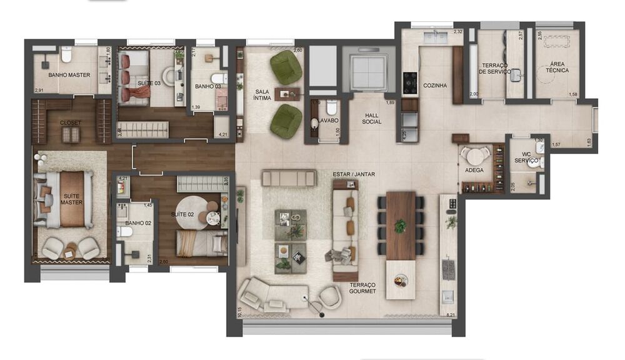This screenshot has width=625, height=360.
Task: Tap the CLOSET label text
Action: (70, 123)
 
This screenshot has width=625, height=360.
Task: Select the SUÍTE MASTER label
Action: (72, 199)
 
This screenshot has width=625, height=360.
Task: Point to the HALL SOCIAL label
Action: (371, 118)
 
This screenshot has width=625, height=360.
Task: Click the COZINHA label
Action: (434, 86)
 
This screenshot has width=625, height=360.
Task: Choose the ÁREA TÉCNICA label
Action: (557, 67)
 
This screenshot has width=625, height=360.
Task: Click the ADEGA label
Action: (474, 170)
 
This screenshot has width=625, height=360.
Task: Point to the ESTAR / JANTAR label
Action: (354, 174)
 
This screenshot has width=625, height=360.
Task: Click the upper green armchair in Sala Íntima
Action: (286, 67)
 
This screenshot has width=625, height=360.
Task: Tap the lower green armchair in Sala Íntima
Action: (286, 121)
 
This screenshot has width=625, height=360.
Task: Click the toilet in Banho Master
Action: (67, 57)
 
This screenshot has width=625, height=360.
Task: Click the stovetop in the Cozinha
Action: (409, 82)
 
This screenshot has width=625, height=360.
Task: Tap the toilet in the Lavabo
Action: (331, 107)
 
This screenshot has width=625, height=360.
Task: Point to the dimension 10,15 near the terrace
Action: (240, 311)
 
